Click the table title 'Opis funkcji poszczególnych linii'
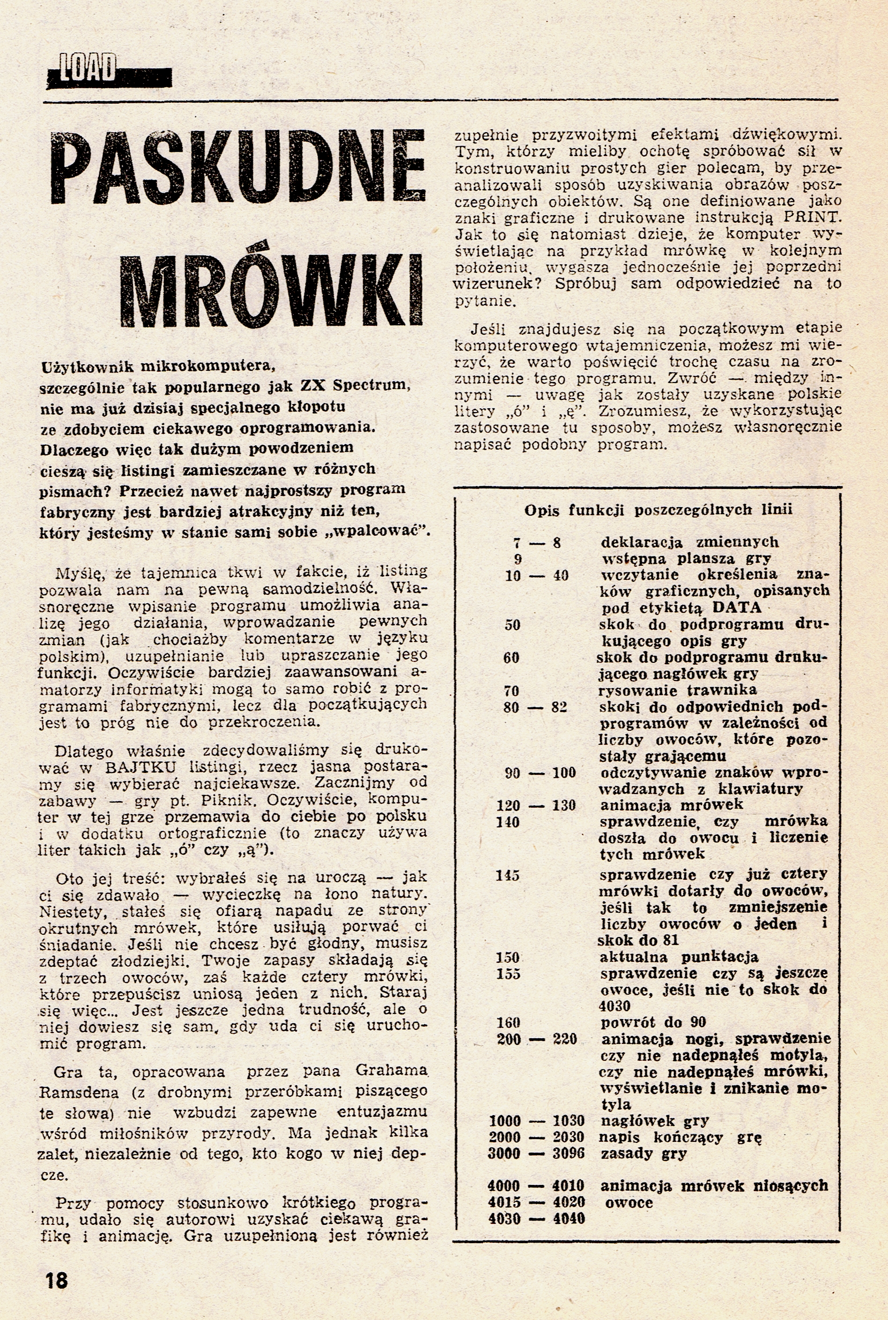658,510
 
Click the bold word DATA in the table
736,607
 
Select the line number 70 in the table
511,690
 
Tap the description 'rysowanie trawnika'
679,690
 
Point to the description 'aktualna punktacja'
679,957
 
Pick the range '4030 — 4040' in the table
536,1219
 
